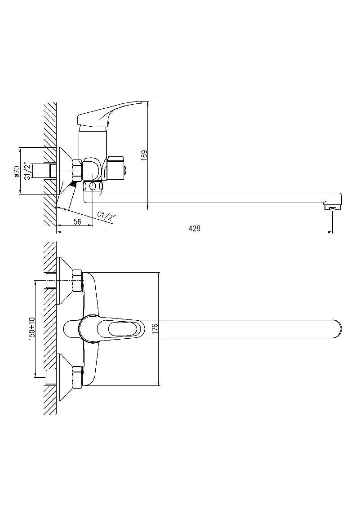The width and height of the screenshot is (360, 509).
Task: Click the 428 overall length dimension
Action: pyautogui.click(x=195, y=228)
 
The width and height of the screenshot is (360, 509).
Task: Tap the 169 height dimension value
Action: pyautogui.click(x=144, y=154)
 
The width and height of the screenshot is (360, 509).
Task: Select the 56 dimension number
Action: pyautogui.click(x=77, y=221)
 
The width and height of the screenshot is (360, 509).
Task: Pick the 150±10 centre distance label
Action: pyautogui.click(x=31, y=329)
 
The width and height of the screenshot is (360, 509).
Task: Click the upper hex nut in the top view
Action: pyautogui.click(x=78, y=280)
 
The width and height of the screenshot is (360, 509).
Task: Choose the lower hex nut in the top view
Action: pyautogui.click(x=78, y=377)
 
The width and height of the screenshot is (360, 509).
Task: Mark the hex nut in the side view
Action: pyautogui.click(x=78, y=170)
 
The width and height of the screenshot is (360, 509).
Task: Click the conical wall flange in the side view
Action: pyautogui.click(x=65, y=171)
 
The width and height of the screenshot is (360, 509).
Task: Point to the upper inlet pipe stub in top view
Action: pyautogui.click(x=52, y=280)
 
